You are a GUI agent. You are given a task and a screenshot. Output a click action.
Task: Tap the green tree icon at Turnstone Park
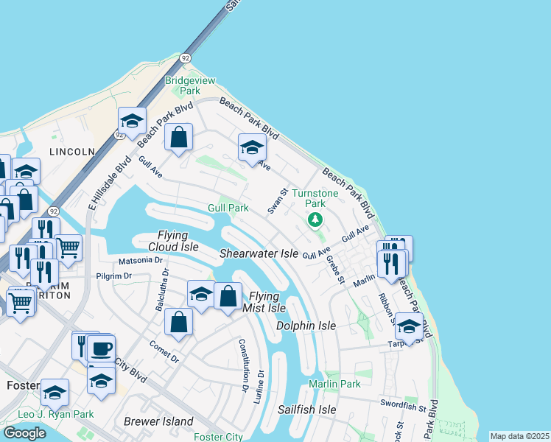(x=315, y=220)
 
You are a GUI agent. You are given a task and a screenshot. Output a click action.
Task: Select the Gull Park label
(x=228, y=208)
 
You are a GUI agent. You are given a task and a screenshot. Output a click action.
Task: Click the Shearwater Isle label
(x=259, y=253)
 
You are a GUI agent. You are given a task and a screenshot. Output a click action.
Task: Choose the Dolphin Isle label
(x=306, y=326)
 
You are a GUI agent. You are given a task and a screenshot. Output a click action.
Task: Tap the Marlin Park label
(x=334, y=384)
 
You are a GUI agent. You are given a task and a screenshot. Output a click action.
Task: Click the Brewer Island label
(x=158, y=422)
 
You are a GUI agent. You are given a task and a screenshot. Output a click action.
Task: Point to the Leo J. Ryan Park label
(x=56, y=415)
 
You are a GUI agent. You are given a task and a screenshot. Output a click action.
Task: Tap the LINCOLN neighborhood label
(x=72, y=152)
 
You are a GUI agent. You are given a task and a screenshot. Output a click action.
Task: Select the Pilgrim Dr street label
(x=113, y=276)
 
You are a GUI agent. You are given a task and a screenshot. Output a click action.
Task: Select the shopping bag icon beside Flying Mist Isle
(x=228, y=297)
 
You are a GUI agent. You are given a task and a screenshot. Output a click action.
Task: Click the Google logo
(x=24, y=433)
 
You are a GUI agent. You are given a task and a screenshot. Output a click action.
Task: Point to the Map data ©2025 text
(x=519, y=436)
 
